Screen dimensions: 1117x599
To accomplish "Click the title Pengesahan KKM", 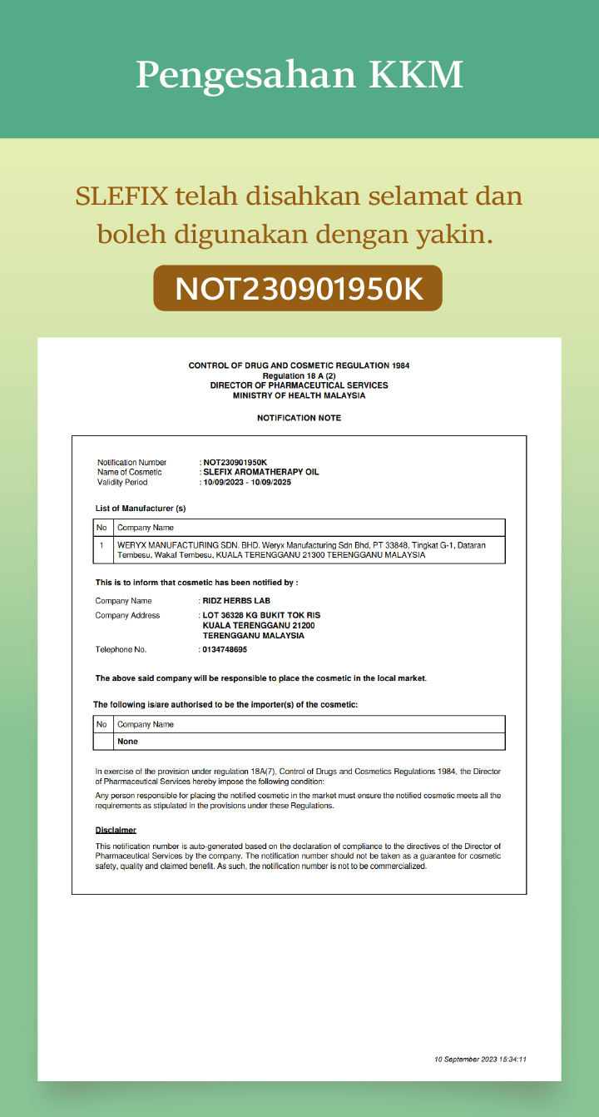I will (299, 75).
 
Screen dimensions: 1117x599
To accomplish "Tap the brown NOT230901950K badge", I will (298, 288).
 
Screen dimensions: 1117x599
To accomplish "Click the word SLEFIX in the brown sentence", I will (121, 196).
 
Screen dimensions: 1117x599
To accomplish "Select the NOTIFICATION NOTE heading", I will (299, 418).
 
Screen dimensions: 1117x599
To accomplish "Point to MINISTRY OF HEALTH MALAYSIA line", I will (299, 395).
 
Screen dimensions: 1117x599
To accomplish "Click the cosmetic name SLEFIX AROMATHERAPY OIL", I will (261, 472).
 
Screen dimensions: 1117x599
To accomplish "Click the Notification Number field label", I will (131, 462).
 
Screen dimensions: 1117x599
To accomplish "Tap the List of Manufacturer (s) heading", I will (141, 508).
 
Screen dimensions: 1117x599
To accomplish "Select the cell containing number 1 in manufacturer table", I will (101, 545).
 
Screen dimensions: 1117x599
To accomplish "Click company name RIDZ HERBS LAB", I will (236, 600).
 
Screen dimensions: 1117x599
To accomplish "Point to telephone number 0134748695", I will (225, 649).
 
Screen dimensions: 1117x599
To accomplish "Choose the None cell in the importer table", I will (128, 741).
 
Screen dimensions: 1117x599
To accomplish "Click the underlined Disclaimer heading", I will (116, 830).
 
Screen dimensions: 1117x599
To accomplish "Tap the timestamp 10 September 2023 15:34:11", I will (480, 1060).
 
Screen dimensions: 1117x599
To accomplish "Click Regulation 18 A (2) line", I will (299, 375).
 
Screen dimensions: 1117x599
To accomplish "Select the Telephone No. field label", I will (121, 649).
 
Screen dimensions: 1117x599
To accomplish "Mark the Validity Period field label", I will (122, 482).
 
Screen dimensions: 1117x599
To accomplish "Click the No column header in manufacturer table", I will (101, 527).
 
